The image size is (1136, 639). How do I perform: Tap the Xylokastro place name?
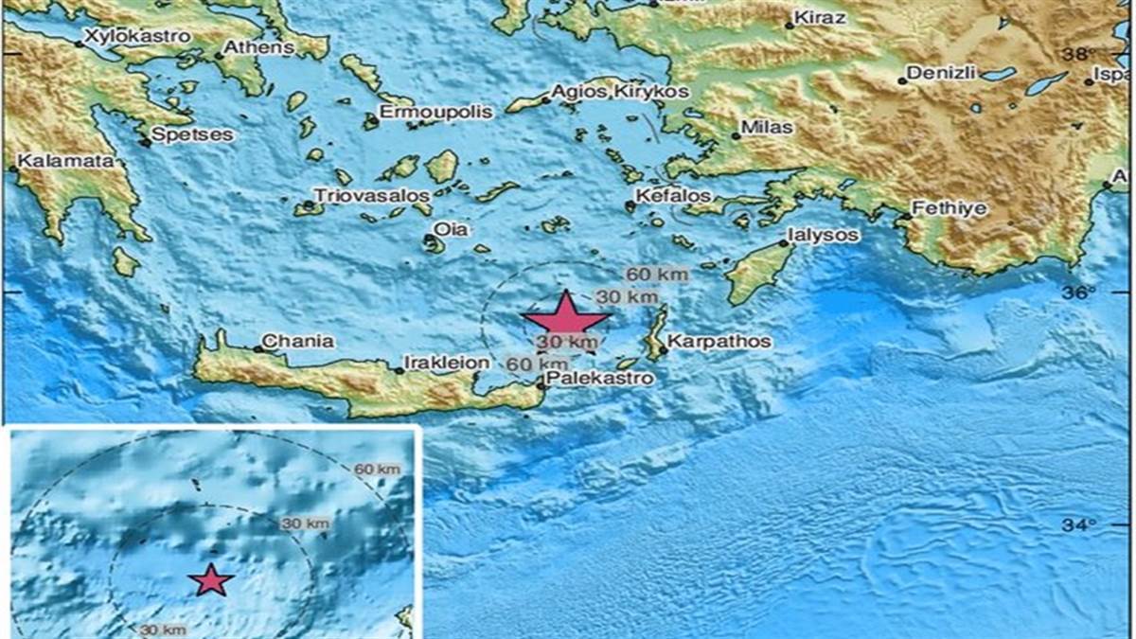point(137,36)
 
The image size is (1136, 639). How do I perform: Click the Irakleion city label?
point(447,362)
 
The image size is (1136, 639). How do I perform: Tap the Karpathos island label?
point(719,341)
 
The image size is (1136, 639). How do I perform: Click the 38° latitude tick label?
point(1077,55)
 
